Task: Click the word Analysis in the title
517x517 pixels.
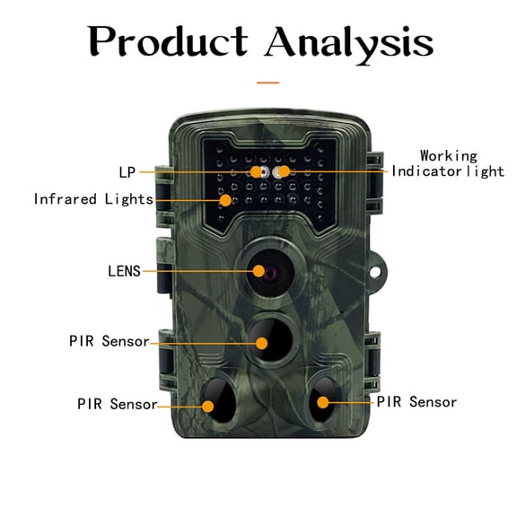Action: click(349, 40)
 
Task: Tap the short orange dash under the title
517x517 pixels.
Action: click(267, 82)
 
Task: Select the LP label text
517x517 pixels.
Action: click(127, 171)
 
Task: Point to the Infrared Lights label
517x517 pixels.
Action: click(93, 198)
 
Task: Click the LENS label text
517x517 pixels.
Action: click(124, 270)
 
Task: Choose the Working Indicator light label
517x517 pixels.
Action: click(448, 163)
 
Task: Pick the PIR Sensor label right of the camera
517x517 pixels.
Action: click(416, 402)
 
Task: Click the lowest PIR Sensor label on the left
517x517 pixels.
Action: click(117, 404)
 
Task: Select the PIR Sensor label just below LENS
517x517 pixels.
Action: click(109, 341)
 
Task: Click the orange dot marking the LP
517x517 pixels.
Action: click(256, 171)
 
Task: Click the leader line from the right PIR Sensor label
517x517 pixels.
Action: click(350, 402)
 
